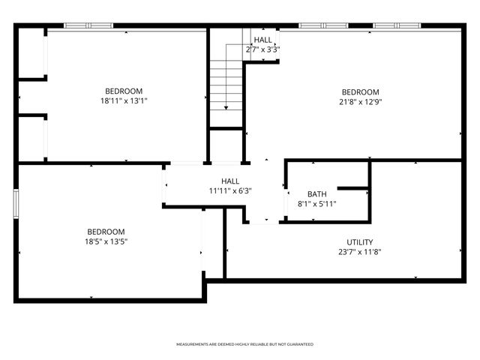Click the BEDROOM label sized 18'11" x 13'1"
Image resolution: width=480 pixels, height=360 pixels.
coord(124,91)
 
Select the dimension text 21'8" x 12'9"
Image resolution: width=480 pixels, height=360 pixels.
coord(360,102)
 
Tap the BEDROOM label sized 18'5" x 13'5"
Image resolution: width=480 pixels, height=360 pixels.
coord(106,232)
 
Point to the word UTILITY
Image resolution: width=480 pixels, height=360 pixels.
coord(359,242)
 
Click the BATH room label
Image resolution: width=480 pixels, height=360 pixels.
coord(316,194)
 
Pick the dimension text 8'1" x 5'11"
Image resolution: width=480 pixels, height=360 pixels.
coord(316,204)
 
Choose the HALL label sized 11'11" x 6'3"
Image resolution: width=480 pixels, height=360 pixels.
coord(230,181)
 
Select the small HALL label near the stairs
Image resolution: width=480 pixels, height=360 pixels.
coord(262,40)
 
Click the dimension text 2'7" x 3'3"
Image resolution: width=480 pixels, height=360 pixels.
coord(262,49)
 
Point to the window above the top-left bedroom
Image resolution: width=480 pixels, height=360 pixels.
coord(88,25)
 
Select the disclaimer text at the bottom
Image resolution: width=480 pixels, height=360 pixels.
coord(244,344)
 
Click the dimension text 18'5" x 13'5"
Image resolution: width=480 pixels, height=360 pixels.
coord(106,242)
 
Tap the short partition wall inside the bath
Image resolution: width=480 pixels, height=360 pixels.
coord(352,187)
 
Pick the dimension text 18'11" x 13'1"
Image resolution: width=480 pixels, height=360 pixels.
coord(124,101)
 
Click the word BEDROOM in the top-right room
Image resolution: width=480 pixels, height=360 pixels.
coord(360,92)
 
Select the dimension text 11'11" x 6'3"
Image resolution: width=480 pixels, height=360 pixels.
coord(230,190)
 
